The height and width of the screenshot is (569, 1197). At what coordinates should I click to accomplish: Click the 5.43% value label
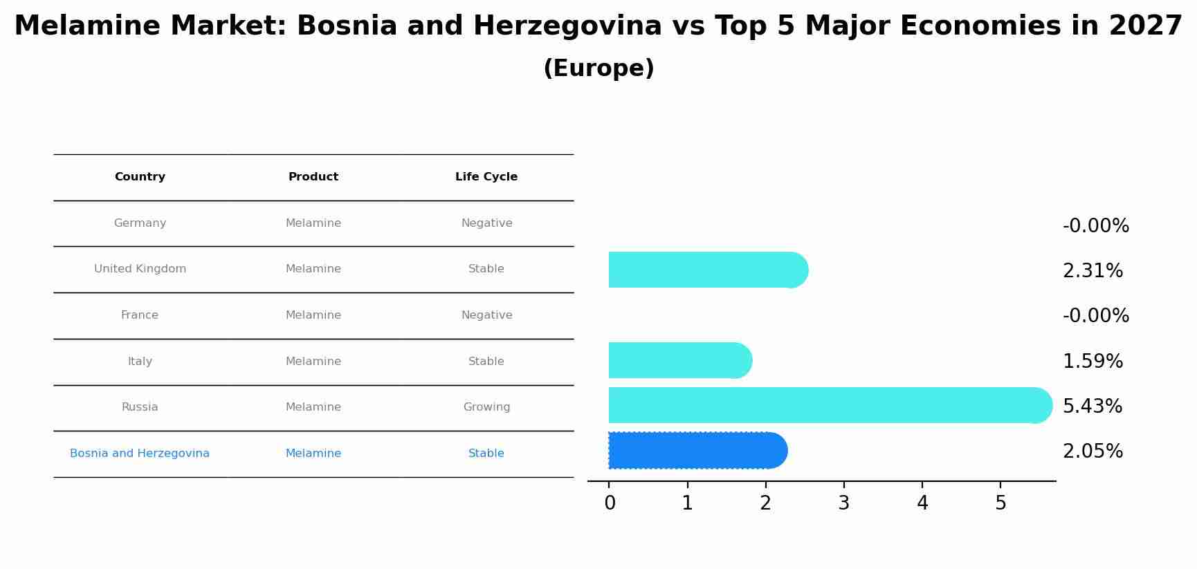click(1092, 407)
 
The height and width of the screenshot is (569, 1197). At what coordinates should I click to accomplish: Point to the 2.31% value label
click(1092, 271)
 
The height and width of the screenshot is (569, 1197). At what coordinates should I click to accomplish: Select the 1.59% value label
click(1092, 362)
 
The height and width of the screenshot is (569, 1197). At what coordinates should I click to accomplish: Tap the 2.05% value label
click(1092, 451)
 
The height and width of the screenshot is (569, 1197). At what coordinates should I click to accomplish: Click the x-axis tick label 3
click(843, 503)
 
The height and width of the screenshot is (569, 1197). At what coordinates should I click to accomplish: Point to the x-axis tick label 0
click(610, 503)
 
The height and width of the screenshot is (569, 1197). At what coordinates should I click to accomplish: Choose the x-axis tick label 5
click(1000, 503)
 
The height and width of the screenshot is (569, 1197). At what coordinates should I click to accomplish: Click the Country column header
click(140, 177)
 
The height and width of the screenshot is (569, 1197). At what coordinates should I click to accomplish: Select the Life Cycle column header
click(486, 177)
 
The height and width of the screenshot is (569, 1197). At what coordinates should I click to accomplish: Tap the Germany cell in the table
click(140, 223)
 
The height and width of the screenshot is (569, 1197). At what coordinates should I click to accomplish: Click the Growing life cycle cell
click(486, 407)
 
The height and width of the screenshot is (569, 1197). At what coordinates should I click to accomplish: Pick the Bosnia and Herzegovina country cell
click(140, 454)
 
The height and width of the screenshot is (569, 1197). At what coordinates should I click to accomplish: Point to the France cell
click(140, 315)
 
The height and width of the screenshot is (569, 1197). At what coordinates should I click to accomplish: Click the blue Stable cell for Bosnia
click(486, 454)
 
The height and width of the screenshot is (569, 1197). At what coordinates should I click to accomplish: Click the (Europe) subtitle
click(598, 68)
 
